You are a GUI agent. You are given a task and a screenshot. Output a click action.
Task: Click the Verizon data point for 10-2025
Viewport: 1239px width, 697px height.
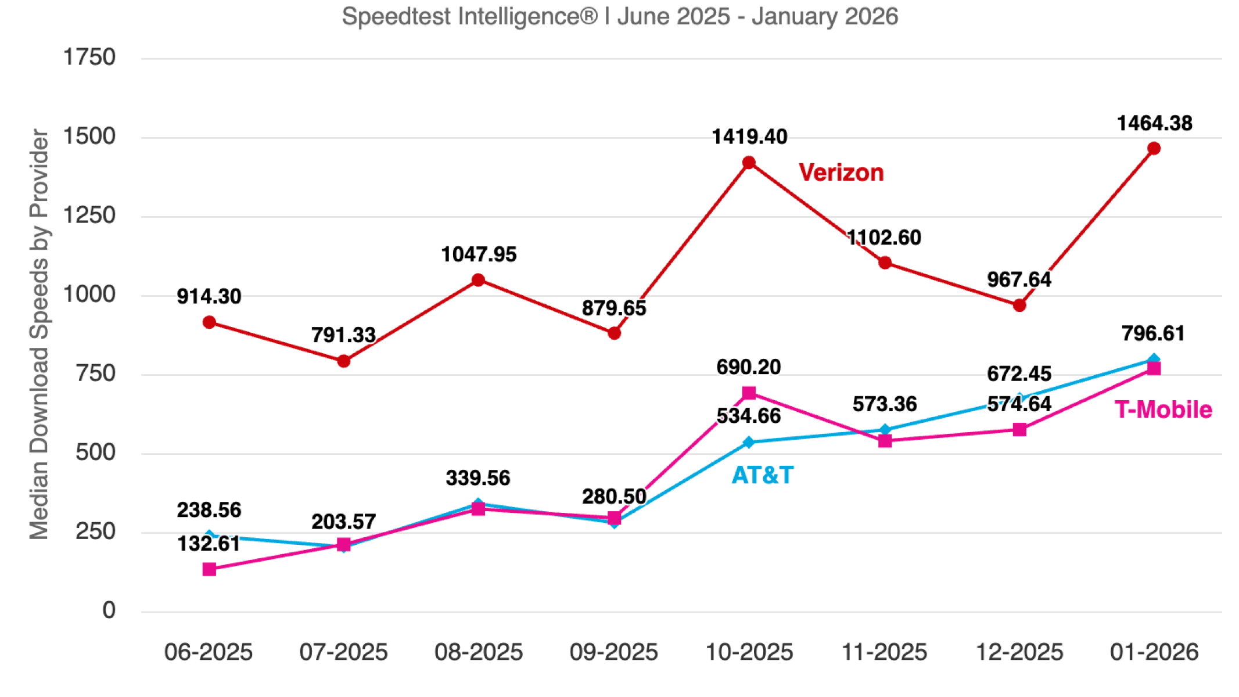pyautogui.click(x=749, y=163)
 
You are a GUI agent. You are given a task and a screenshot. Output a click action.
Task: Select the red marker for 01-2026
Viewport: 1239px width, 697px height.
pyautogui.click(x=1154, y=149)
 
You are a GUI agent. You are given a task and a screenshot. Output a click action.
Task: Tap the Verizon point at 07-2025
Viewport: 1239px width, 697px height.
pyautogui.click(x=343, y=361)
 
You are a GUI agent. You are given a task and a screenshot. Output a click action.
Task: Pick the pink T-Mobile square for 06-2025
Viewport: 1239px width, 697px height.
pyautogui.click(x=209, y=569)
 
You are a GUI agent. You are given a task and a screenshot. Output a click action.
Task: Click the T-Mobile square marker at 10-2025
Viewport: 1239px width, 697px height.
pyautogui.click(x=749, y=393)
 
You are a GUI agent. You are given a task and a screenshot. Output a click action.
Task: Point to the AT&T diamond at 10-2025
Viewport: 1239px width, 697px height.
pyautogui.click(x=749, y=443)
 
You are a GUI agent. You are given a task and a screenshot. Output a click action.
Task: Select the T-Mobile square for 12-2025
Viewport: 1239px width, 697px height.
pyautogui.click(x=1019, y=430)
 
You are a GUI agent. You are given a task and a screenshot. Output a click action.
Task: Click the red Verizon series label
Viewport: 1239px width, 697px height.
pyautogui.click(x=841, y=173)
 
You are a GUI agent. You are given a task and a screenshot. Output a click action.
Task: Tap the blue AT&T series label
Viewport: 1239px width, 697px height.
pyautogui.click(x=762, y=476)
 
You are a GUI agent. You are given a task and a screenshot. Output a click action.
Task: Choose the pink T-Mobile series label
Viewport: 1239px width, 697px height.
pyautogui.click(x=1163, y=410)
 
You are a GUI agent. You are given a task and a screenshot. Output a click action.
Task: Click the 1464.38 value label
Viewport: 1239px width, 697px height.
pyautogui.click(x=1154, y=123)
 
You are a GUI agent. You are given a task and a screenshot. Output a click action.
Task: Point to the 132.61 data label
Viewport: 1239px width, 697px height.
pyautogui.click(x=209, y=544)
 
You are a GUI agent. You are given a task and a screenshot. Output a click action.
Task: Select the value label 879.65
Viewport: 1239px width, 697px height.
pyautogui.click(x=613, y=308)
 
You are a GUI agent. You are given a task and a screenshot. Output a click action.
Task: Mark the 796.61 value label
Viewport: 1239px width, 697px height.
pyautogui.click(x=1152, y=333)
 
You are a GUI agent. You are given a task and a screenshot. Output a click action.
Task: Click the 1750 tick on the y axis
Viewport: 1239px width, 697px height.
pyautogui.click(x=89, y=58)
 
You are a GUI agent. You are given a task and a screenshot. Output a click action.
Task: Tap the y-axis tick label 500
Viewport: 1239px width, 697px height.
pyautogui.click(x=95, y=452)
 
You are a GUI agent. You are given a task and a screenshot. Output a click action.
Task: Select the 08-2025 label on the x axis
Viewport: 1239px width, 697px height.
pyautogui.click(x=478, y=652)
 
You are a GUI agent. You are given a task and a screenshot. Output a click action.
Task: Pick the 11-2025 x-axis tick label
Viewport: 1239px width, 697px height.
pyautogui.click(x=884, y=652)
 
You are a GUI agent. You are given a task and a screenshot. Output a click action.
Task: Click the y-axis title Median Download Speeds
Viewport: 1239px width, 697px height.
pyautogui.click(x=39, y=334)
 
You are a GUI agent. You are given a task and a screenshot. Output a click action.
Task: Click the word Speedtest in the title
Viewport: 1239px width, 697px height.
pyautogui.click(x=396, y=16)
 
